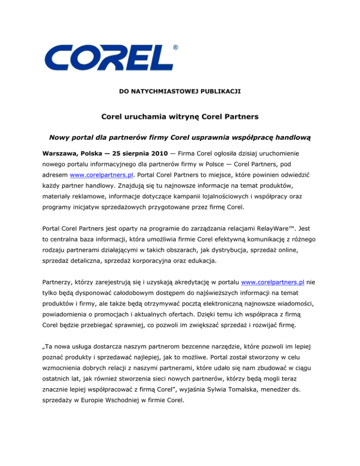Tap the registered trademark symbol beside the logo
pyautogui.click(x=175, y=47)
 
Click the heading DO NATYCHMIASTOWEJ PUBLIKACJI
pyautogui.click(x=180, y=88)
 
